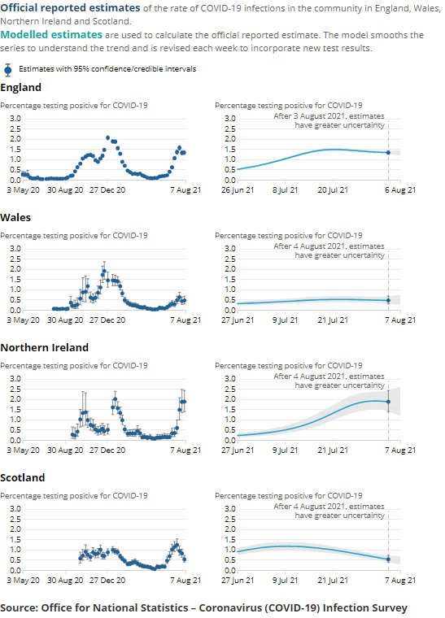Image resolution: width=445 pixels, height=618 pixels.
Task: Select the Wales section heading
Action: pos(16,218)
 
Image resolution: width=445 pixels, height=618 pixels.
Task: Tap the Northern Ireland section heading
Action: pos(44,348)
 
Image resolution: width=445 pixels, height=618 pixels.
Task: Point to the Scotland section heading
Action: pos(24,478)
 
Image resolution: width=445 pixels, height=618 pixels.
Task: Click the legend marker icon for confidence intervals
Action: pos(8,69)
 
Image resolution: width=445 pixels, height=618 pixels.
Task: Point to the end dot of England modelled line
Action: pos(388,153)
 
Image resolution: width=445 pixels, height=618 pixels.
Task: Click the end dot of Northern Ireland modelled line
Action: pos(388,402)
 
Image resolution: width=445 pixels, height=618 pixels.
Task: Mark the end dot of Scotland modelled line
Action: pos(388,559)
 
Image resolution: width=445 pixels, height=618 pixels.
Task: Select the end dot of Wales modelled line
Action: pos(388,300)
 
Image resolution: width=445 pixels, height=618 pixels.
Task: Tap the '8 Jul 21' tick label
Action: pos(284,190)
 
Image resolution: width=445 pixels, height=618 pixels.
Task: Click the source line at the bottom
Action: pos(203,607)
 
